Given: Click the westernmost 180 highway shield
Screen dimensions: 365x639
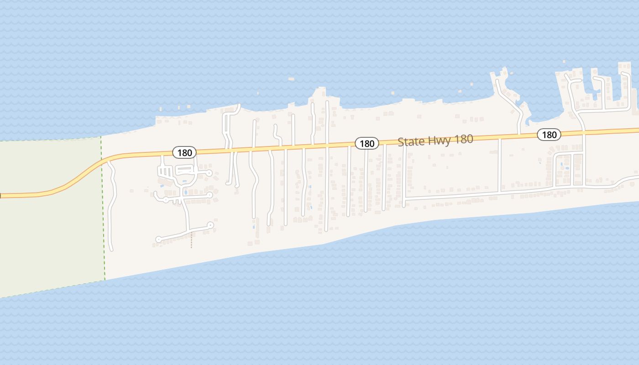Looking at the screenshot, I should pos(184,152).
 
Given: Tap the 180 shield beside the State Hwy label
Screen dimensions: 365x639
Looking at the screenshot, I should pos(367,144).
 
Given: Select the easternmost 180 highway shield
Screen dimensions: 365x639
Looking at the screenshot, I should pos(549,135).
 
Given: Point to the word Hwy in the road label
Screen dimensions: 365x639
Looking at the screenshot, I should pos(434,140).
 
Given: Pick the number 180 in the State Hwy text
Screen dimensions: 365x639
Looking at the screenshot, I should pos(461,139).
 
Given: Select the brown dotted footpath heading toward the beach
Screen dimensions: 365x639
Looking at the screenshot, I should pos(191,240).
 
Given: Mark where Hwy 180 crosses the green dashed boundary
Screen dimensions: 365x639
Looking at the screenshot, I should pos(101,162).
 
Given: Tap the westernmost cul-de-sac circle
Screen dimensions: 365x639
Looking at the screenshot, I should pos(158,239).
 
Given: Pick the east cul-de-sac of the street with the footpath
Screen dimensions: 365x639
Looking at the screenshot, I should pos(210,225).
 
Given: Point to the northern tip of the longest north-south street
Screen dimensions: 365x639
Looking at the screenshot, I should pos(327,102).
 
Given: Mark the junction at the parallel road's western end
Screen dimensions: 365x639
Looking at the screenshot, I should pos(404,199).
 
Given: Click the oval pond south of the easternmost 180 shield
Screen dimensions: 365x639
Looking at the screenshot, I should pos(567,168).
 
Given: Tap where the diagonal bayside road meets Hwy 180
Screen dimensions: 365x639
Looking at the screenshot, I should pos(520,135).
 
